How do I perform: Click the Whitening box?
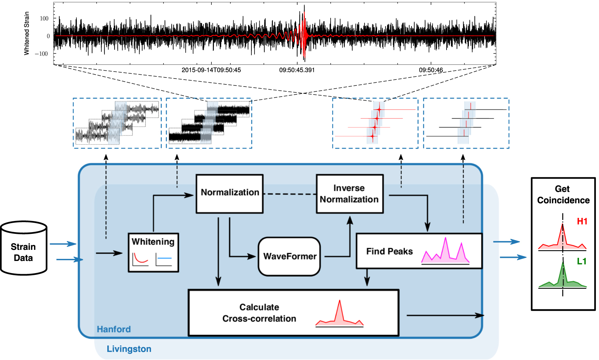[x=153, y=252]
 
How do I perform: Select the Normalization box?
[x=230, y=194]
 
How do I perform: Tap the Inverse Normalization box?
[x=349, y=194]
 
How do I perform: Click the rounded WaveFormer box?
[x=289, y=256]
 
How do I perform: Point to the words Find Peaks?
[x=389, y=251]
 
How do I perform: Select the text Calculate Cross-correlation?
[x=259, y=313]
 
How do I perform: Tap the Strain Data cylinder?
[x=24, y=248]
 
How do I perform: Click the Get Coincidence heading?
[x=563, y=195]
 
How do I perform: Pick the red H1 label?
[x=582, y=221]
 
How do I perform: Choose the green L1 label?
[x=581, y=261]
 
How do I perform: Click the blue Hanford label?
[x=114, y=329]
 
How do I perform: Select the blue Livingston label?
[x=129, y=349]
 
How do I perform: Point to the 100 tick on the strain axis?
[x=44, y=18]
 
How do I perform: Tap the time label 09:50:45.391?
[x=297, y=70]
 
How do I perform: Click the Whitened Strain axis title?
[x=27, y=33]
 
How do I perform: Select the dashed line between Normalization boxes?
[x=290, y=194]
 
